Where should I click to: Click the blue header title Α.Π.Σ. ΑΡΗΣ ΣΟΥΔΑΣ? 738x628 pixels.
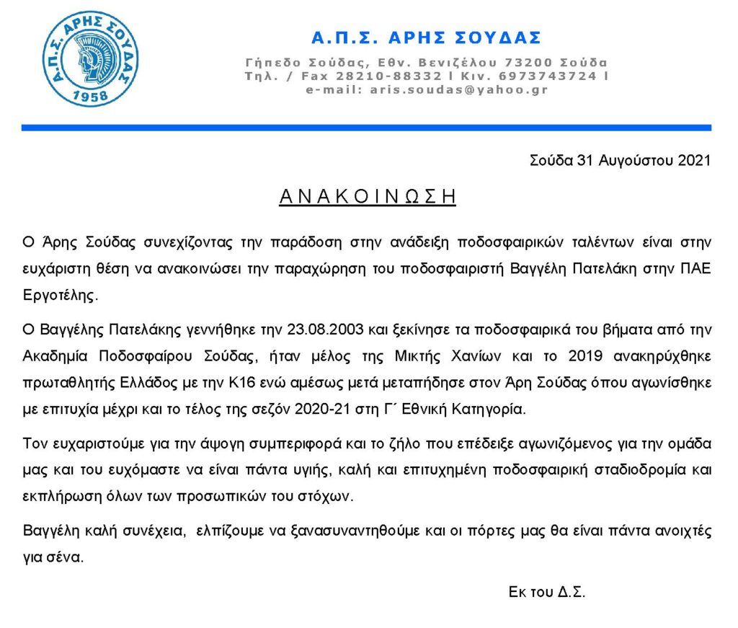[x=426, y=37]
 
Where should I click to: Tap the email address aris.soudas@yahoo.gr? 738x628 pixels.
[x=458, y=90]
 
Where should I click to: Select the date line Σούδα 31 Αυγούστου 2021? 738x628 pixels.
[x=620, y=161]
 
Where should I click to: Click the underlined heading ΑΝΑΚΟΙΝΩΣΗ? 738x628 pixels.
[x=368, y=197]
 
